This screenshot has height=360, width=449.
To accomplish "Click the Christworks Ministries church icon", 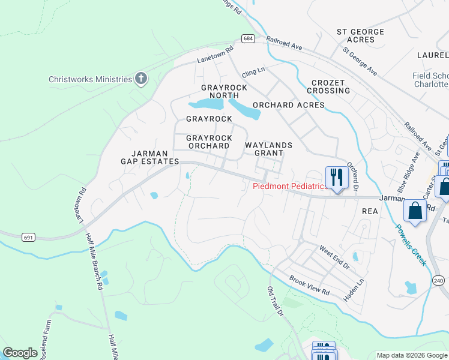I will coord(141,79).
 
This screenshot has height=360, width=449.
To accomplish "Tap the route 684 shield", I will coord(249,38).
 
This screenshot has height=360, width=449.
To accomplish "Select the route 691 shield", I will coord(27,238).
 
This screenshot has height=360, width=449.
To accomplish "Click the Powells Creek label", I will coord(412,245).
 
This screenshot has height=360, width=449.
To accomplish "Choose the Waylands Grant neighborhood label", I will coord(268,149).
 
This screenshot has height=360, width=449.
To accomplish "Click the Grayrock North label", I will coord(224,91).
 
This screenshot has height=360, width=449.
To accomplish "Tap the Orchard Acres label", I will coord(288,105).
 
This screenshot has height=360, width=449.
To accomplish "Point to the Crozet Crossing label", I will coord(328,86).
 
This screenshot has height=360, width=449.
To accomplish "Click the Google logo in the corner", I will coord(20,353).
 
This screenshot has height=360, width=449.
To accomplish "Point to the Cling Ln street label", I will coord(253,71).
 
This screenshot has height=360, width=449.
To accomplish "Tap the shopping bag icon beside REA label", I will coord(415,211).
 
